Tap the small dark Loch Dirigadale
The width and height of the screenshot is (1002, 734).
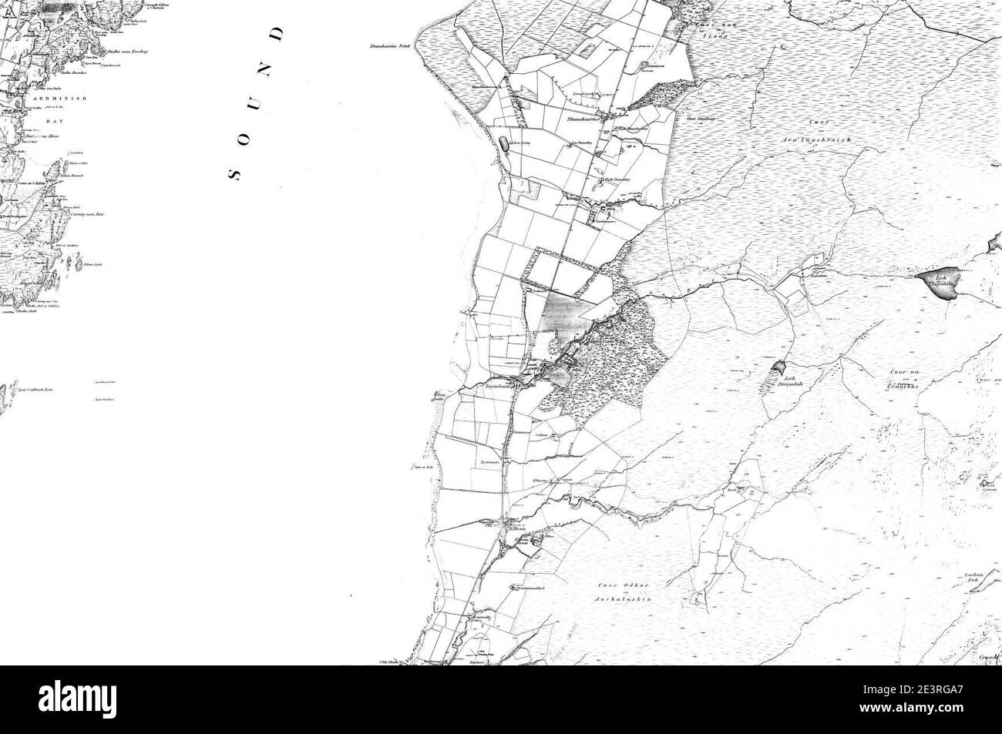pos(778,368)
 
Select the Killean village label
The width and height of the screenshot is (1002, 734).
pos(516,529)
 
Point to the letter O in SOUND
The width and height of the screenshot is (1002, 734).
pos(249,135)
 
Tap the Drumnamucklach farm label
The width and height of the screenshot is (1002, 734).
pos(533,587)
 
